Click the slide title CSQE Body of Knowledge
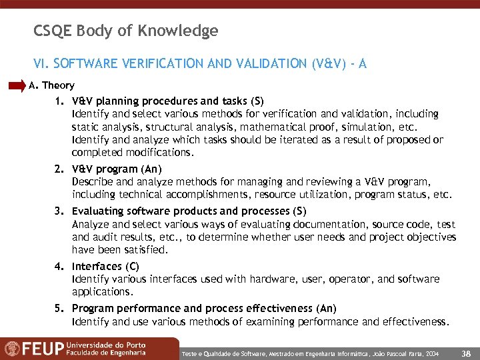coord(125,31)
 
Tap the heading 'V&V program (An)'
coord(117,169)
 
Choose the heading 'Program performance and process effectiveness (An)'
coord(204,309)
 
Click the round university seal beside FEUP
coord(12,349)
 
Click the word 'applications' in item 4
coord(102,292)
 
